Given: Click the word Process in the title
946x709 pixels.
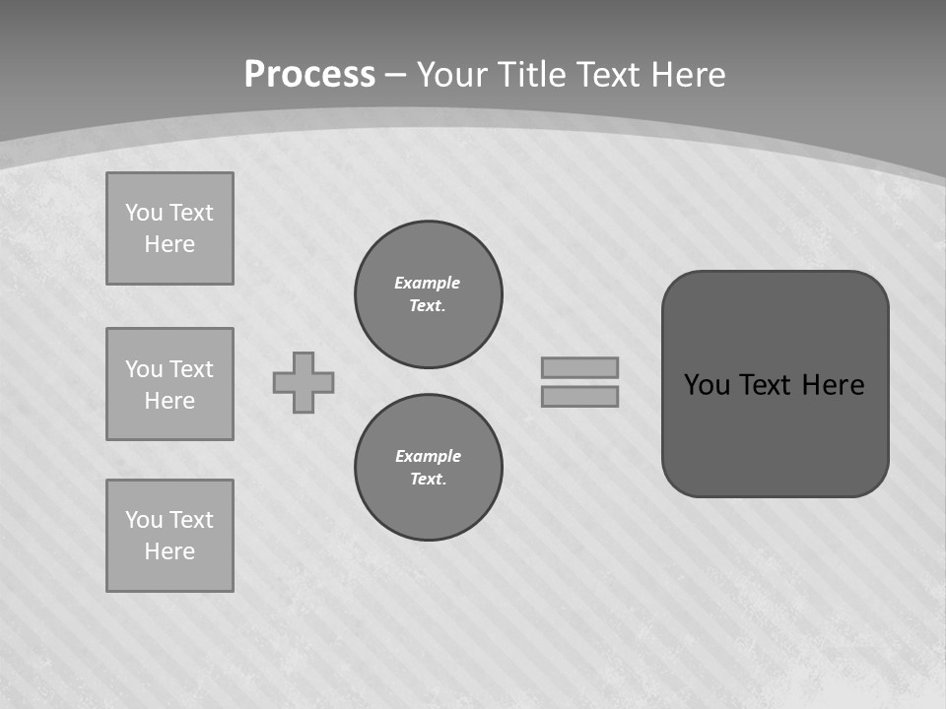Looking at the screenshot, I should (309, 75).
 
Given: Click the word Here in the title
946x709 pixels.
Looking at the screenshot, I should (687, 75).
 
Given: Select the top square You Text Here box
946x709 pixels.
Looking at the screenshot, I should (169, 228).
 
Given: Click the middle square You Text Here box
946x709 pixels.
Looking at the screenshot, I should (169, 384).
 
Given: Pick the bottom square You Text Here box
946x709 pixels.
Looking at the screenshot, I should (169, 536).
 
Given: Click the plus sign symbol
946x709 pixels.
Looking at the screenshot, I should (304, 382).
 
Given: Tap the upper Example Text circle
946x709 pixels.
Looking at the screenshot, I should (429, 294).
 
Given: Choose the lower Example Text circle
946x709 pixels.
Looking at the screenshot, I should (429, 468).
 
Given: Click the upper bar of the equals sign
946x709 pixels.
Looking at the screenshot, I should (579, 367).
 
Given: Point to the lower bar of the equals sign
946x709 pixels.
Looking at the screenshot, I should (579, 397).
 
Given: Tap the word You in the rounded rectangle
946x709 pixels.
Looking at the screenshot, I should (707, 385).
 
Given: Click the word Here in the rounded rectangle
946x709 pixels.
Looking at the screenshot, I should (833, 385).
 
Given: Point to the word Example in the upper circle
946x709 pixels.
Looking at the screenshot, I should (428, 283).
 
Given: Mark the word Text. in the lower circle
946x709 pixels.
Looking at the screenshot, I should (429, 480).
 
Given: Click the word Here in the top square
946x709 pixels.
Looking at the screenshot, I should (169, 244).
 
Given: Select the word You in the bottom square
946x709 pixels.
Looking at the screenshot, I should (144, 520).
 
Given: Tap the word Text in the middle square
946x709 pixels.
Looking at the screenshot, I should (191, 369).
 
